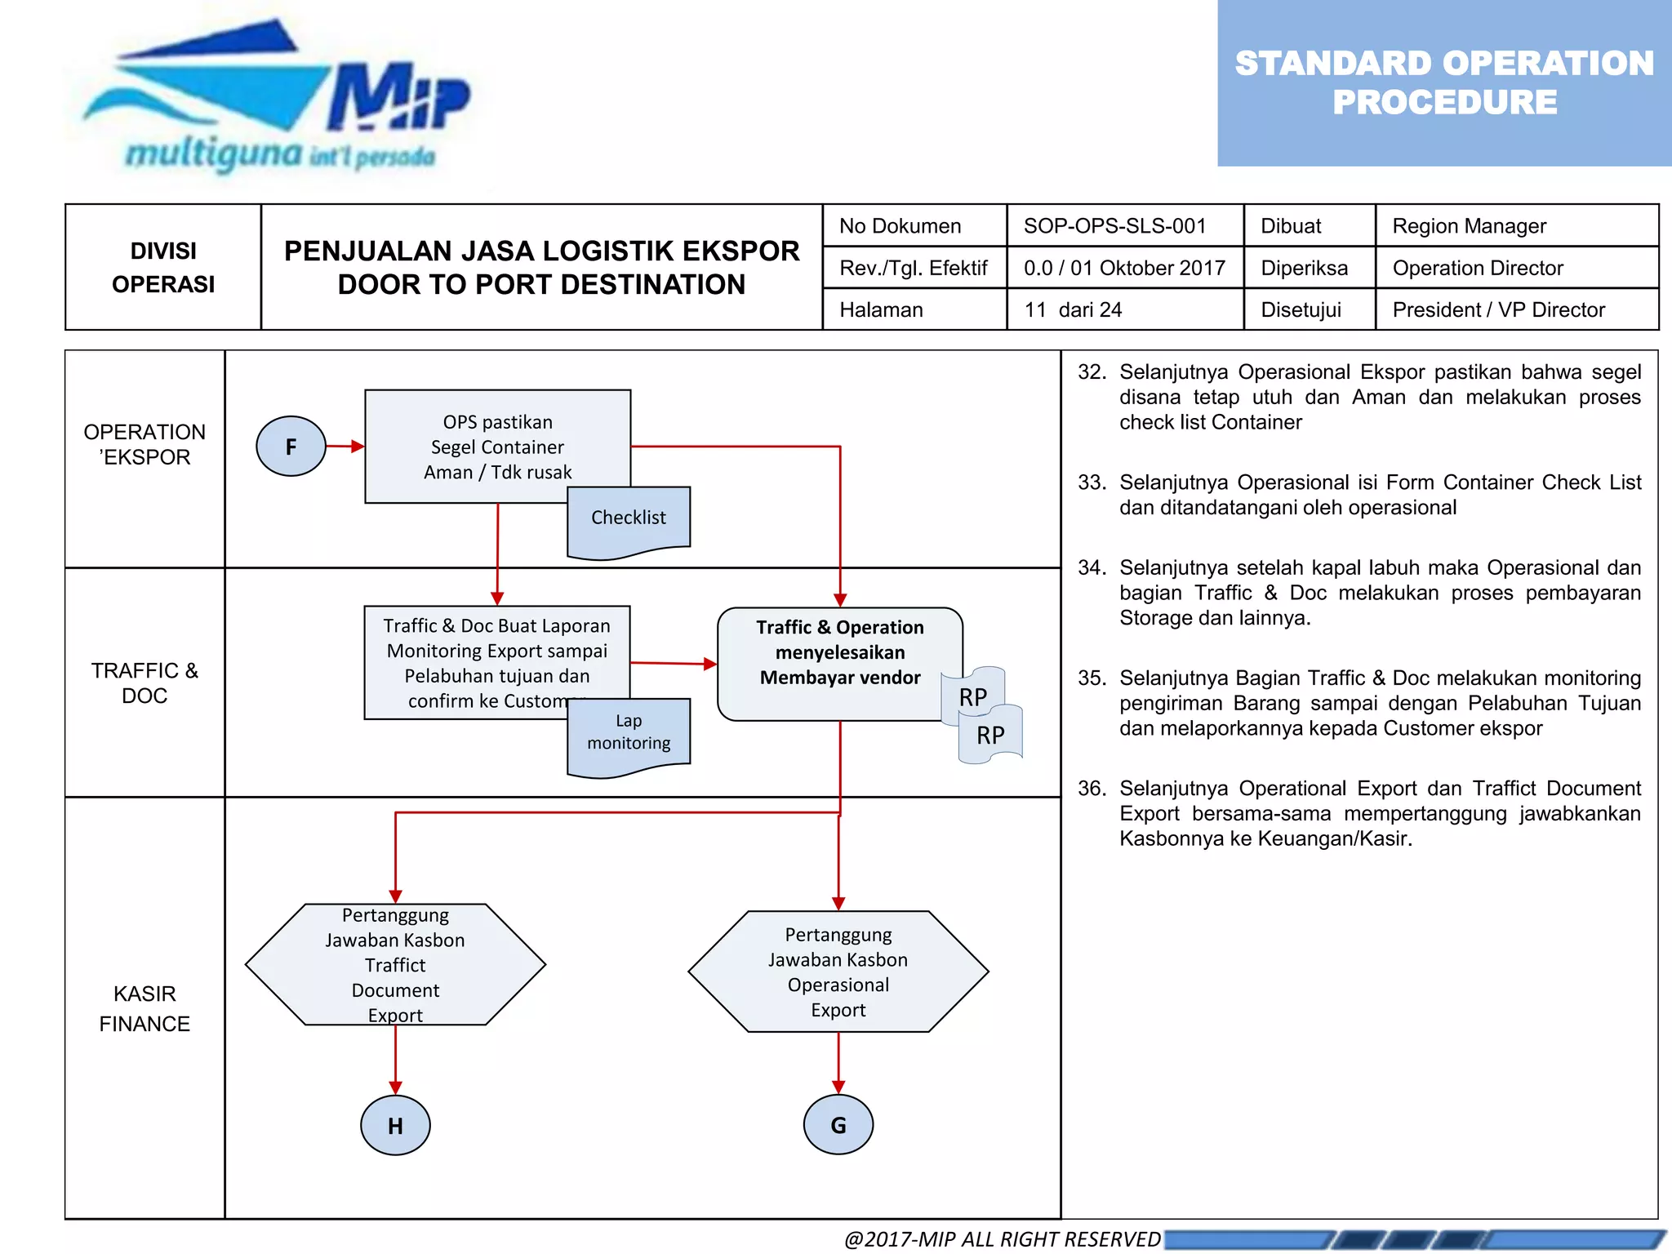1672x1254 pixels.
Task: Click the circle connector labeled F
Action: tap(291, 447)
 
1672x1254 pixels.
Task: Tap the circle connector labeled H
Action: tap(395, 1125)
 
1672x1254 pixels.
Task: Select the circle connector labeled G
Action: tap(838, 1124)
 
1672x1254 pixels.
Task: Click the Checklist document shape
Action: tap(629, 519)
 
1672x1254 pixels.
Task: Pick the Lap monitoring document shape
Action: tap(629, 733)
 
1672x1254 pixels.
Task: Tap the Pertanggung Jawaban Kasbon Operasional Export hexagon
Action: tap(838, 972)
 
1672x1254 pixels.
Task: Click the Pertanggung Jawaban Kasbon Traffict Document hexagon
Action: tap(395, 964)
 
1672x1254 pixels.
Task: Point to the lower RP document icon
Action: tap(990, 736)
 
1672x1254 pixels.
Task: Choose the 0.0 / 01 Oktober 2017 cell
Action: tap(1124, 268)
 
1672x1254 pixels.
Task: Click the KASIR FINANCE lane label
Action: tap(145, 1008)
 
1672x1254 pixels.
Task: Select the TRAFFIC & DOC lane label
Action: tap(145, 683)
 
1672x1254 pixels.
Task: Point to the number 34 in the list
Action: tap(1092, 567)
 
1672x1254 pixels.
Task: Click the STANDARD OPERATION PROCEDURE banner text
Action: tap(1443, 82)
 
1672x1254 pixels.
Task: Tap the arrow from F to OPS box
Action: tap(345, 447)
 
